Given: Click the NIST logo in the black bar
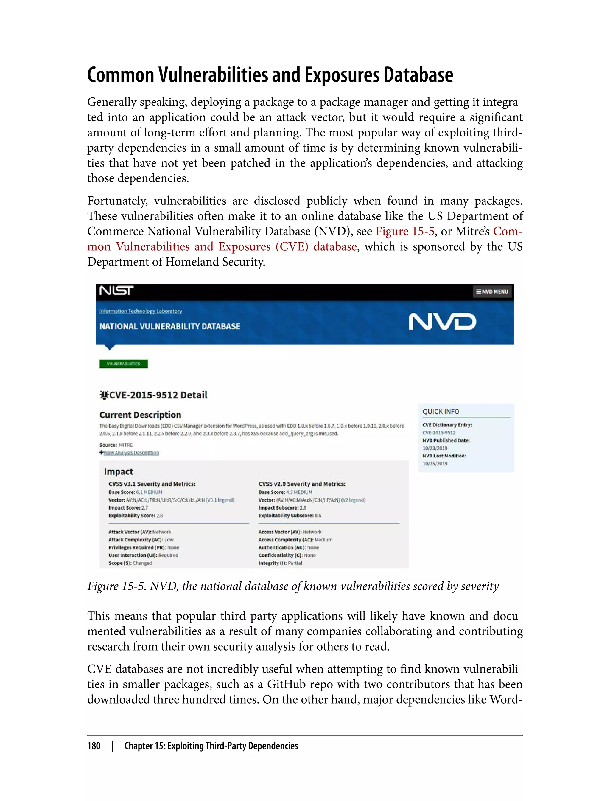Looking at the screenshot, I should coord(116,291).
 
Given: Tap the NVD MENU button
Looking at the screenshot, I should coord(492,291).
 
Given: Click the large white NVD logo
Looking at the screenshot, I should coord(442,322).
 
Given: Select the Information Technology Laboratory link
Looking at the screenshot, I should coord(141,311).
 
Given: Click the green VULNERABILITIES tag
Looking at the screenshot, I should coord(123,364).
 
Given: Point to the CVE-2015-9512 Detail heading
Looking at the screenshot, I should coord(154,395).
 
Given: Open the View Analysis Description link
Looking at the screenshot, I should coord(131,453).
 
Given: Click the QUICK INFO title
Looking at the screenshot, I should coord(441,411).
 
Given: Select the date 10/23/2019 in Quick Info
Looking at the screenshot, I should coord(435,448).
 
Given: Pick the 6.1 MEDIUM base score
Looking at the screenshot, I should coord(149,492).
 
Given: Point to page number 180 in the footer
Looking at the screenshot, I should coord(94,746).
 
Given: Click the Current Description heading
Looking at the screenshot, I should coord(140,415).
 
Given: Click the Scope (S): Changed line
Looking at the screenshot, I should coord(130,563).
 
